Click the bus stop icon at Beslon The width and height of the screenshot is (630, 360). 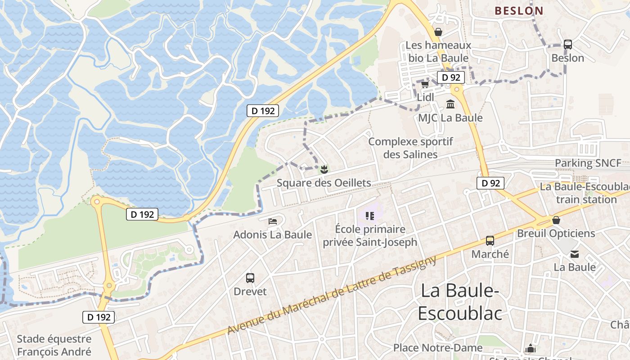pos(568,45)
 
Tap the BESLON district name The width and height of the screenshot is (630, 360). pos(519,11)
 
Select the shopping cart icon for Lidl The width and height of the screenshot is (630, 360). pos(425,84)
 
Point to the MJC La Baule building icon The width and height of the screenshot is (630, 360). pos(450,104)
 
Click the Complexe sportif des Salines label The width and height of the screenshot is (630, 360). pos(410,148)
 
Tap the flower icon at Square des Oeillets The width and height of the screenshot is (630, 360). pos(324,170)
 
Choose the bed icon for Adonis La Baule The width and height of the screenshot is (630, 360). pos(273,221)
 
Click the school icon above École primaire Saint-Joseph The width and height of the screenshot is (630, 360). pos(370,216)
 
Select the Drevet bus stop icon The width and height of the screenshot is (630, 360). pos(250,278)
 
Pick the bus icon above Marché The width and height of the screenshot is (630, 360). pos(490,241)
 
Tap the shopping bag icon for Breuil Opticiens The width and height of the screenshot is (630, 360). pos(556,220)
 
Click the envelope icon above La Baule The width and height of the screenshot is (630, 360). pos(575,254)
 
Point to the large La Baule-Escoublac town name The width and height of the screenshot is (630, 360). pos(459,302)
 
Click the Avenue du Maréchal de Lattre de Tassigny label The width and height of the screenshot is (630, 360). pos(332,295)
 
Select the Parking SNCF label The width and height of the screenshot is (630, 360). pos(588,163)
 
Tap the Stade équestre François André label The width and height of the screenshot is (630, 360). pos(54,345)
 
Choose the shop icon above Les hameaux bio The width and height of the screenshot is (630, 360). pos(438,32)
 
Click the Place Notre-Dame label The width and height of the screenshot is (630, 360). pos(438,347)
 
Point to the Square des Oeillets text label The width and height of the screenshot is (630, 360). pos(324,183)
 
